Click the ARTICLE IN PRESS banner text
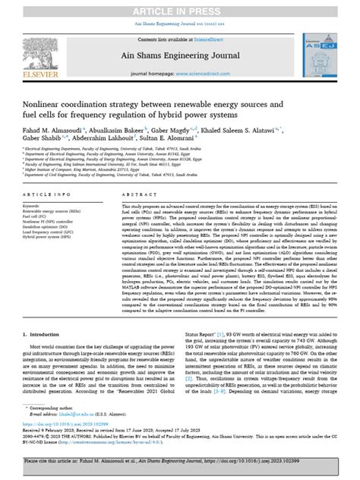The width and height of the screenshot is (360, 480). point(180,7)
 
